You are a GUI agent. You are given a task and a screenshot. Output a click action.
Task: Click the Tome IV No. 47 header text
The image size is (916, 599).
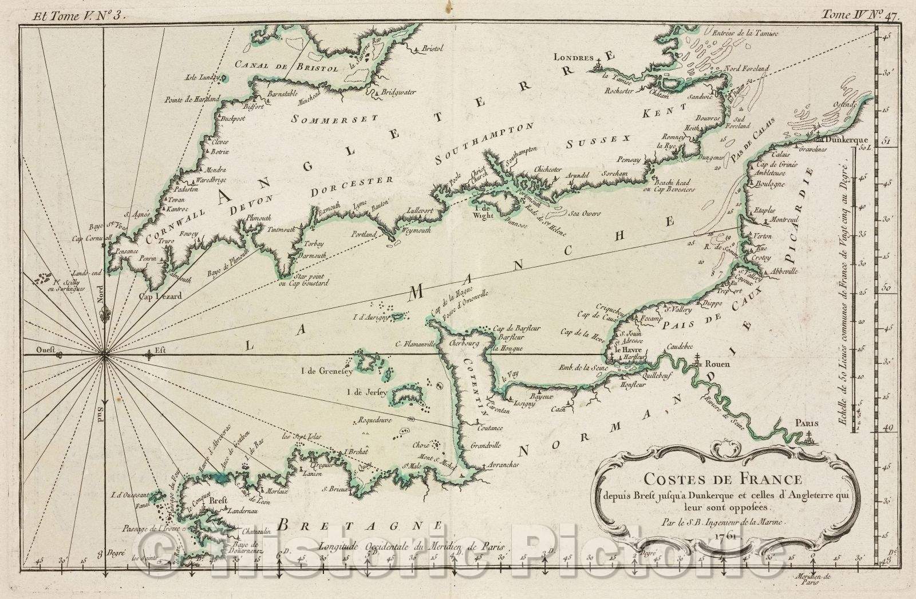pyautogui.click(x=860, y=16)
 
